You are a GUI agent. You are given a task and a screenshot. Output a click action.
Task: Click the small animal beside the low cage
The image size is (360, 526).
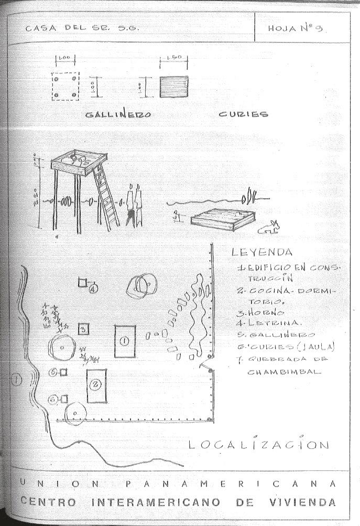coord(269,227)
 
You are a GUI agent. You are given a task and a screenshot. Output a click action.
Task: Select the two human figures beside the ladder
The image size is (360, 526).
coord(134,206)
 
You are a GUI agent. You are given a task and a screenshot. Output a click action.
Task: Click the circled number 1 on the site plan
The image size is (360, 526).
coord(124,340)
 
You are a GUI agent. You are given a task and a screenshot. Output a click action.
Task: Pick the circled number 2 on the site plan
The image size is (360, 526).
coord(95,385)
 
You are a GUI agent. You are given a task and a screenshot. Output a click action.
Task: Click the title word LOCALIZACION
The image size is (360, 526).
coord(259,445)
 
